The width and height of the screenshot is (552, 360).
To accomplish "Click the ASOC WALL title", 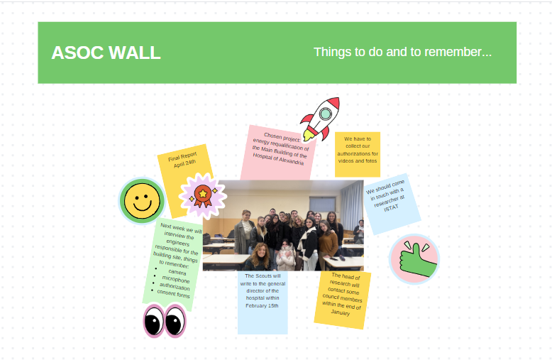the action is coord(106,53).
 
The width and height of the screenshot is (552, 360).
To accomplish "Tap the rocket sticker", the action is coord(320,119).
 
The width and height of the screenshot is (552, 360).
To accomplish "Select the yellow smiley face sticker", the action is coord(142,201).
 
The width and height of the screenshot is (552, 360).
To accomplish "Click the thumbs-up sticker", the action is coord(414,259).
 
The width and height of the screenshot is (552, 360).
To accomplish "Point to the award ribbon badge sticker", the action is coord(203,196).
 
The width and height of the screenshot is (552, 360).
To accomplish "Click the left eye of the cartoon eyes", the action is coord(154,321).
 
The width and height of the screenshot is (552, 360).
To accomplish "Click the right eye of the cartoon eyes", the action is coord(175,321).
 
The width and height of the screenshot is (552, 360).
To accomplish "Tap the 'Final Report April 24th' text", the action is coord(184,160).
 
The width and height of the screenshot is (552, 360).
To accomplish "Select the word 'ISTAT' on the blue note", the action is coord(391,208).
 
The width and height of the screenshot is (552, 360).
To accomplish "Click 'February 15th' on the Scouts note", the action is coord(262,306).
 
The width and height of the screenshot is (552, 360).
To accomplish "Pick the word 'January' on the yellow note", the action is coord(341,312).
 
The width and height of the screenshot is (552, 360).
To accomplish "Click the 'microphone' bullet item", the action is coord(176,279).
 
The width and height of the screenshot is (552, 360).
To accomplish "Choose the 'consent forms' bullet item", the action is coord(173,293).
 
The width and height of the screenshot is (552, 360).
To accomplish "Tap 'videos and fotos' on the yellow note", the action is coord(358,160).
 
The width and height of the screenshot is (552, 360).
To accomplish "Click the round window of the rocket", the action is coord(325,114).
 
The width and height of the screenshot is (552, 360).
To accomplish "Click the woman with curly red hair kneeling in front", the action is coord(260,257).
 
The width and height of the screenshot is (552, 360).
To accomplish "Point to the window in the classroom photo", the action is coord(322,204).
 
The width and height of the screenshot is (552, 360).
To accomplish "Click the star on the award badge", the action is coord(203,193).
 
